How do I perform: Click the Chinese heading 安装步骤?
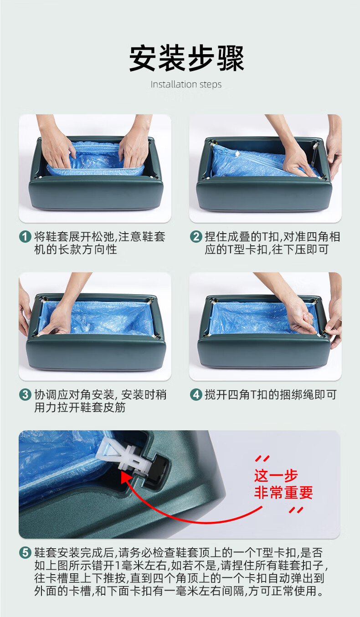point(187,58)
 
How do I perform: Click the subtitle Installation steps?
point(186,84)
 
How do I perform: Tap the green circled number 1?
point(25,237)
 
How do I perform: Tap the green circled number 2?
point(196,237)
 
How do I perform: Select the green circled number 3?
point(25,395)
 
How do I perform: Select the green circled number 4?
point(196,395)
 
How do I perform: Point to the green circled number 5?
point(25,552)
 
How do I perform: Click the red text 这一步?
point(276,475)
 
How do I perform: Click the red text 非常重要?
point(283,493)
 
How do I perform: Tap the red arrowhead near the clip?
point(126,478)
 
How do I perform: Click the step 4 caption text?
point(270,395)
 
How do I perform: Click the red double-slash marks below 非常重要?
point(296,510)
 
